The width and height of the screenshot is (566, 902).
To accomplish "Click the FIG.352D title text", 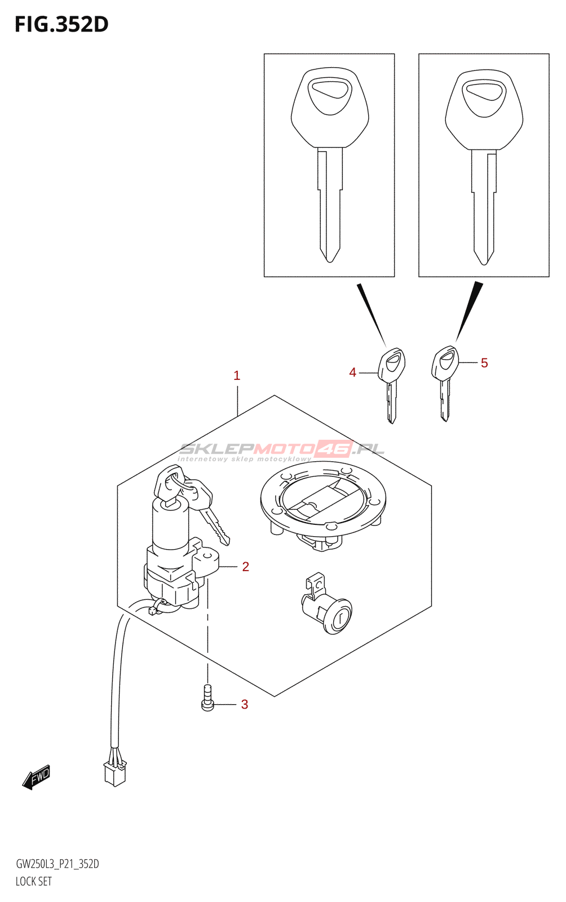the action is [61, 24].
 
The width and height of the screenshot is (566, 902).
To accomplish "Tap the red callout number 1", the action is [237, 375].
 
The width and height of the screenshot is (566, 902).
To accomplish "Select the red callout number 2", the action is [245, 567].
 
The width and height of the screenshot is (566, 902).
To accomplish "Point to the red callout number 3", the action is [245, 704].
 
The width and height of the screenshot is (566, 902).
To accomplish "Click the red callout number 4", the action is [353, 372].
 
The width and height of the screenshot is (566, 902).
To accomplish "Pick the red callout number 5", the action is [484, 363].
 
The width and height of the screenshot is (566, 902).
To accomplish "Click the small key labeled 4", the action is [392, 383].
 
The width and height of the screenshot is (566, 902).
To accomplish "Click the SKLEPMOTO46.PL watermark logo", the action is [282, 450].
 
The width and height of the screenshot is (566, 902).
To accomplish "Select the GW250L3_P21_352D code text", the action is [58, 864].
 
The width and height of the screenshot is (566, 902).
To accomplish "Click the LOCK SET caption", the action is [34, 881].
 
